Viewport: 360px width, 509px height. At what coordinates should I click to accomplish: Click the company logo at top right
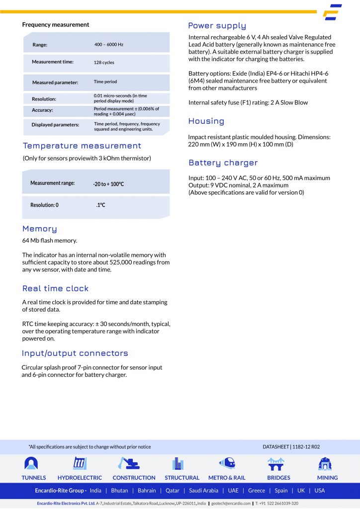pos(332,12)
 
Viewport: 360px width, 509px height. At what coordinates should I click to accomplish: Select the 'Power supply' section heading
pos(217,26)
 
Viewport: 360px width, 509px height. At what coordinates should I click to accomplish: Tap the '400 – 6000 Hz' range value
pos(109,45)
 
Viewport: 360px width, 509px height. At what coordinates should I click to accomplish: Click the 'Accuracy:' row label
pos(42,110)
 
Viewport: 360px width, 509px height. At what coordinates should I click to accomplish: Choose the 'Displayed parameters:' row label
pos(55,125)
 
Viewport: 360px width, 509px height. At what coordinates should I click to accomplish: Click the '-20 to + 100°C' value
pos(108,184)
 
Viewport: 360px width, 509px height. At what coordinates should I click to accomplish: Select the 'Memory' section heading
pos(40,229)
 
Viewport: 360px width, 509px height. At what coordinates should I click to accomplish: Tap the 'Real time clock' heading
pos(55,288)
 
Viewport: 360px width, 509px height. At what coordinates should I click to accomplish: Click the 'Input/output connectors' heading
pos(75,353)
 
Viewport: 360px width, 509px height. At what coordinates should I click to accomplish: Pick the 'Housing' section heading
pos(206,121)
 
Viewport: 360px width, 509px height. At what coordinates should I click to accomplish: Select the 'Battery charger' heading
pos(223,163)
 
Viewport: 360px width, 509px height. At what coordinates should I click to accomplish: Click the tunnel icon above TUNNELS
pos(31,464)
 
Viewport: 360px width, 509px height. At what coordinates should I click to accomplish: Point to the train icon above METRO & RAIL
pos(227,463)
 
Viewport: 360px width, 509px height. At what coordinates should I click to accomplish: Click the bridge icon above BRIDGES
pos(275,464)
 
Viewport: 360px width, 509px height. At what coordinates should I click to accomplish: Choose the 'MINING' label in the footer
pos(327,478)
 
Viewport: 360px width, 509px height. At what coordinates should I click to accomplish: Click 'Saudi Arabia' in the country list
pos(203,491)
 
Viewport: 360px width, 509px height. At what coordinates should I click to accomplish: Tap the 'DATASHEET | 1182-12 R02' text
pos(291,447)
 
